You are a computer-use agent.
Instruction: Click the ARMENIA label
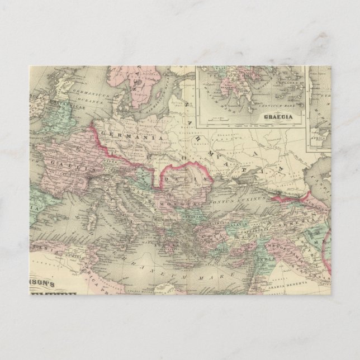point(305,211)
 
